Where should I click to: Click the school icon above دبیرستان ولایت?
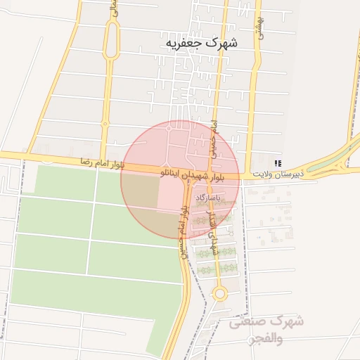coord(278,163)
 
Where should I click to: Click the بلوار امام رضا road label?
coord(102,163)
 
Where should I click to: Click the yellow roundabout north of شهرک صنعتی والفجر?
coord(219,293)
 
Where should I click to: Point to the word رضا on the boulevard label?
coord(88,162)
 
